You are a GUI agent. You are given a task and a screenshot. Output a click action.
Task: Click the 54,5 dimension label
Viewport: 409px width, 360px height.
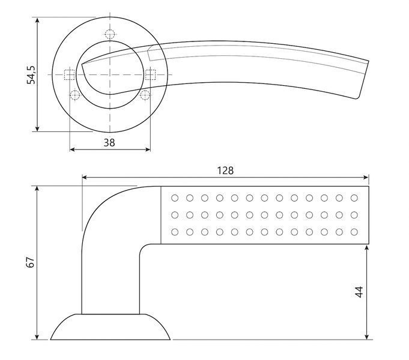coord(31,75)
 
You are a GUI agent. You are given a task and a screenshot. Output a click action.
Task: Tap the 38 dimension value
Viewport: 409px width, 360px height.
coord(109,143)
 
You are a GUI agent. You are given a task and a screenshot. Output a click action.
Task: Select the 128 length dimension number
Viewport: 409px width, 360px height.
coord(225,170)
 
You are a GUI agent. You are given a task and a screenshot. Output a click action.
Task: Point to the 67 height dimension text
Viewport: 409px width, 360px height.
coord(31,262)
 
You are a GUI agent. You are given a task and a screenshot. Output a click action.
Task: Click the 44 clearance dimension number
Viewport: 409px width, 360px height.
coord(359,292)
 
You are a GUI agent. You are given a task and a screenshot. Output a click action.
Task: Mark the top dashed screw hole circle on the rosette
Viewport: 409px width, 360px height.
coord(110,34)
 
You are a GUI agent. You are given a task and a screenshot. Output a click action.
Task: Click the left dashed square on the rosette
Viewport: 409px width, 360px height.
coord(70,75)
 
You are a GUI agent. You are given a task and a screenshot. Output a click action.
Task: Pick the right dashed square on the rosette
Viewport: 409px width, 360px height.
coord(151,75)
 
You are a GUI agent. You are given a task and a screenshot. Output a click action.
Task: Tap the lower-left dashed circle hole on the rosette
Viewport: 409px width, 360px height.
coord(75,95)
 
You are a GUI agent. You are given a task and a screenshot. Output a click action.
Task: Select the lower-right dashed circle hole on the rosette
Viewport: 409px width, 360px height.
coord(145,95)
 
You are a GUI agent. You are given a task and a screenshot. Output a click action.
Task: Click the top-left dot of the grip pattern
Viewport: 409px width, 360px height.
coord(175,198)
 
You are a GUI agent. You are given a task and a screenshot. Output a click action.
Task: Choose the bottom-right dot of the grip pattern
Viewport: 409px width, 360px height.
coord(354,232)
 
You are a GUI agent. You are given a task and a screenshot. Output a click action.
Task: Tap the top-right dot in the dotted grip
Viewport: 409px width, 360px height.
coord(354,198)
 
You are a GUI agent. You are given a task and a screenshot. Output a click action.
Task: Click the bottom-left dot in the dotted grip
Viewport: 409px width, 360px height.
coord(175,232)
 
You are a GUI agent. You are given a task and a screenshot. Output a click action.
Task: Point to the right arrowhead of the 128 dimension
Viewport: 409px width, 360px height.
coord(366,178)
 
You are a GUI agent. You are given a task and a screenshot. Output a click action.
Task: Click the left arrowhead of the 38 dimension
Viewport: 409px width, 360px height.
coord(73,149)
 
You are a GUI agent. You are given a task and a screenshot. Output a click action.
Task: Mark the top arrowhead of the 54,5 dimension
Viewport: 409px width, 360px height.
coord(37,20)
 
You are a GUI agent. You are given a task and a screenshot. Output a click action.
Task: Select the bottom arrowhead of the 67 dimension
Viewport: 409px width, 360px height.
coord(37,337)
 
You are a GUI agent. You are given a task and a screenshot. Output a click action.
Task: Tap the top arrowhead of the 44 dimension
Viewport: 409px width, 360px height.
coord(367,248)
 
